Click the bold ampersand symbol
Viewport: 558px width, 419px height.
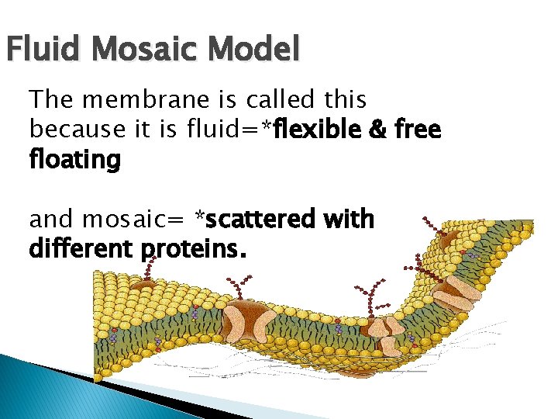[382, 129]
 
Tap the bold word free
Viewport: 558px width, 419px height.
[419, 129]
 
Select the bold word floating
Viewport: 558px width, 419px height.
[75, 160]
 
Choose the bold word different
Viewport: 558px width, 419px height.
[81, 250]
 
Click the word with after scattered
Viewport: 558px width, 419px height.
[350, 220]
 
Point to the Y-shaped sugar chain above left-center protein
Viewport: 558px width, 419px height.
[245, 287]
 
